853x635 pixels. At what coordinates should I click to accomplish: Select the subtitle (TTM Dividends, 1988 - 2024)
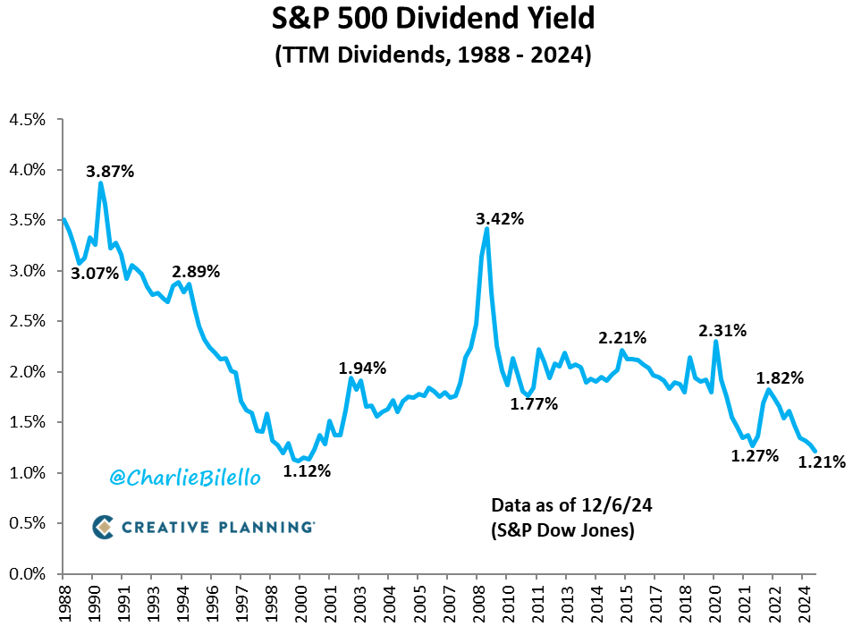pos(426,55)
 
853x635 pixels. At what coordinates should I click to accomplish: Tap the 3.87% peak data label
pos(110,171)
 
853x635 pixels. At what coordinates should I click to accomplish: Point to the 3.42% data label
pos(499,218)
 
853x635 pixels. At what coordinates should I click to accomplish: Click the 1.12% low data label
pos(307,470)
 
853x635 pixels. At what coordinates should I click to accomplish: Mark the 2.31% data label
pos(722,330)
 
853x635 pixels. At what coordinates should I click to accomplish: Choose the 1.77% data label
pos(534,403)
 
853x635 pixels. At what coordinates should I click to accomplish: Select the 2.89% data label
pos(196,271)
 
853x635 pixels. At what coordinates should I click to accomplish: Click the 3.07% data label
pos(95,273)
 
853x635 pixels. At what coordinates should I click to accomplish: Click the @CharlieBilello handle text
pos(185,478)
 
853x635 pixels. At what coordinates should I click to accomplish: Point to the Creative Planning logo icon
pos(104,527)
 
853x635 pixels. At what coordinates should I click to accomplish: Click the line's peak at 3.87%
pos(100,183)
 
